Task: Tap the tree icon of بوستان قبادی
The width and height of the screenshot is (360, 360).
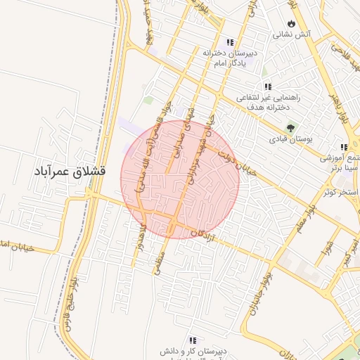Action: click(291, 128)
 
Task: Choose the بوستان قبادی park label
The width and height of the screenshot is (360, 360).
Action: click(290, 139)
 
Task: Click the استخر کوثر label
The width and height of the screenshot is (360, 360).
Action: click(338, 192)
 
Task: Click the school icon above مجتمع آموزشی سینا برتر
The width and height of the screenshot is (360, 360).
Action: click(343, 147)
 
